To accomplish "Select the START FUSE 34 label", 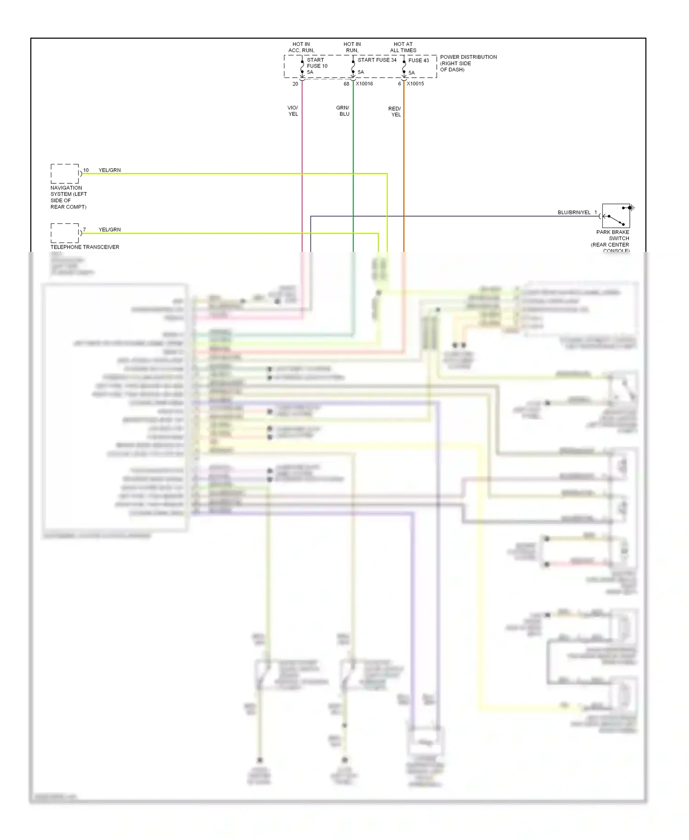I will click(x=377, y=60).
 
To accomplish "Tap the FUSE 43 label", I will click(x=418, y=60).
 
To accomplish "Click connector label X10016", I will click(x=364, y=84).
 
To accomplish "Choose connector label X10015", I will click(x=415, y=84).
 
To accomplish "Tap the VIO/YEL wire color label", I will click(x=293, y=111).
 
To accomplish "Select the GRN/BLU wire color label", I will click(x=343, y=111).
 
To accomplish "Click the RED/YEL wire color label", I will click(x=395, y=112).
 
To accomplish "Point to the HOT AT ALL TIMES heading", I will click(x=403, y=47).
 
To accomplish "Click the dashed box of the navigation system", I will click(x=65, y=174).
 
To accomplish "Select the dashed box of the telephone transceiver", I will click(x=65, y=233).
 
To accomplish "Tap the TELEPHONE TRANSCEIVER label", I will click(x=85, y=247).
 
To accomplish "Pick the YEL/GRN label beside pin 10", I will click(x=110, y=170).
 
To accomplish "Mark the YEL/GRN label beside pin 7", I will click(x=110, y=229).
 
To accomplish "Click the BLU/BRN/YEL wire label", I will click(x=574, y=212).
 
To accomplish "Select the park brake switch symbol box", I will click(x=616, y=216).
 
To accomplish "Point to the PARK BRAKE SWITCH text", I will click(x=612, y=235).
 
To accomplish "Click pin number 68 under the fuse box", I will click(x=346, y=84).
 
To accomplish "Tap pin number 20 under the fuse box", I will click(x=295, y=84).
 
